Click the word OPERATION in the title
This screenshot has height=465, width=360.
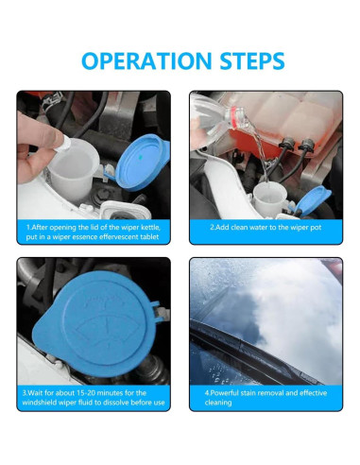coord(146,60)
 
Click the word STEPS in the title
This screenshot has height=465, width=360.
coord(252,60)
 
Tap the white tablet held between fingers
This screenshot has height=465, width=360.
coord(64,145)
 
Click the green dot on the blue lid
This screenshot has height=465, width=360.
coord(141,157)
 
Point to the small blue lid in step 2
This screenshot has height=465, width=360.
coord(311,199)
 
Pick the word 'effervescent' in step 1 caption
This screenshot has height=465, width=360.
coord(119,237)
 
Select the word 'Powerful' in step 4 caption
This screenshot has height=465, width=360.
coord(224,393)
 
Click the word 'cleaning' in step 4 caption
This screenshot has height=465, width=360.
coord(218,403)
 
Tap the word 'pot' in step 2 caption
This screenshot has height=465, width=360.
coord(316,228)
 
